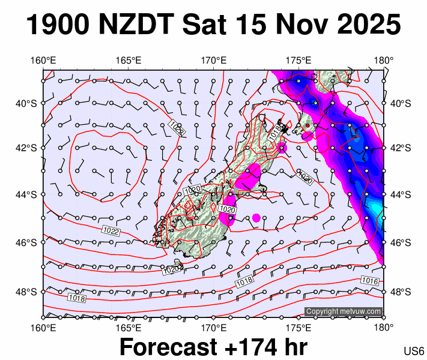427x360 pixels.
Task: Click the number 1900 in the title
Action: coord(58,25)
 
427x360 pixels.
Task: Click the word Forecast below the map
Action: coord(168,347)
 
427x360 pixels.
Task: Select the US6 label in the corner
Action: coord(414,351)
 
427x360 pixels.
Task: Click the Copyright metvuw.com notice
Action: coord(344,311)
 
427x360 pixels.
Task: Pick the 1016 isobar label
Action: coord(369,281)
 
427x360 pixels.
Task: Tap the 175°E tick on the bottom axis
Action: coord(298,328)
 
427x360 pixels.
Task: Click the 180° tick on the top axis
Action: coord(383,60)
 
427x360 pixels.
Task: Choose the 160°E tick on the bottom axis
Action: coord(43,328)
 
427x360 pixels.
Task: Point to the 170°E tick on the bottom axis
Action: coord(213,328)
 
